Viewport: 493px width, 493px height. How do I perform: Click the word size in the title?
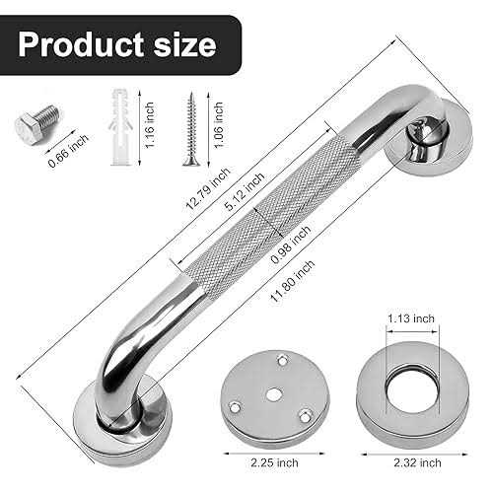tap(181, 44)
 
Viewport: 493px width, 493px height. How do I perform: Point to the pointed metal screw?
tap(188, 127)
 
